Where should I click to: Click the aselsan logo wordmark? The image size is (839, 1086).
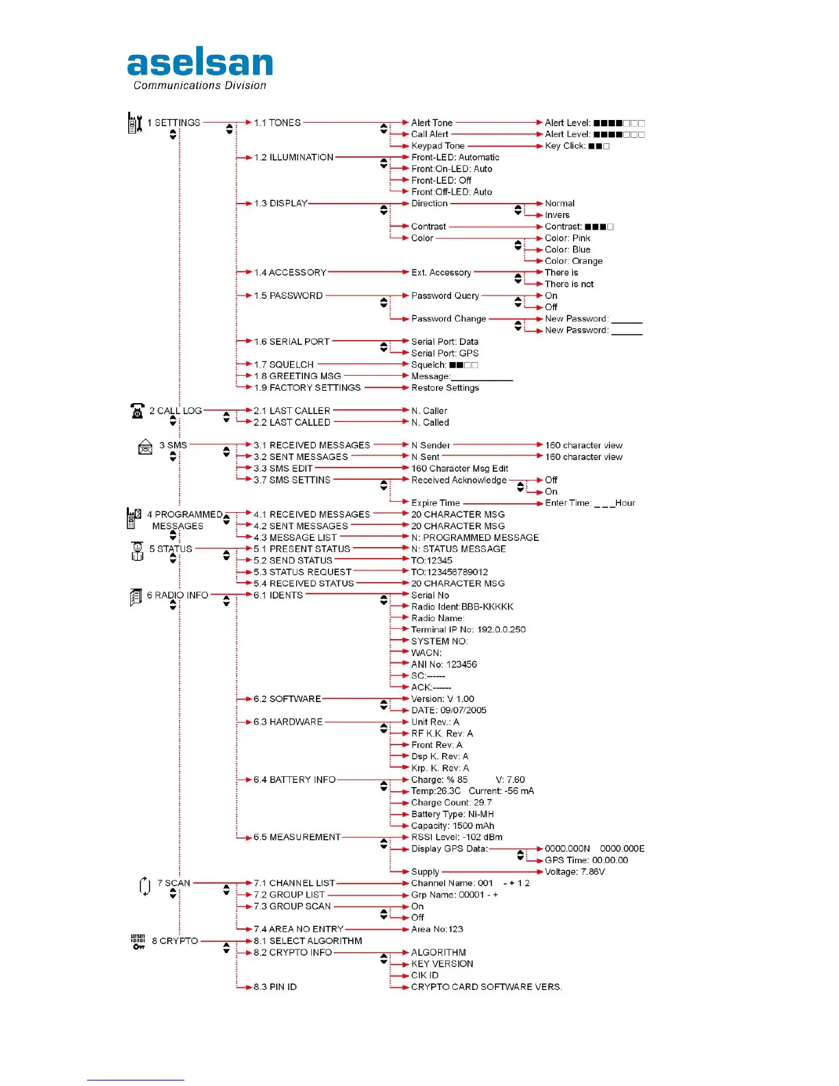(200, 61)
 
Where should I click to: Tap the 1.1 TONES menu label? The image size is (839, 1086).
(277, 123)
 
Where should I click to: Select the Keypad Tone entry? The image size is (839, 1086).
(438, 145)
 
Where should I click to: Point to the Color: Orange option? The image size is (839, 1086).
(574, 261)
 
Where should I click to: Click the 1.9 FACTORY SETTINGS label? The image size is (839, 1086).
(307, 387)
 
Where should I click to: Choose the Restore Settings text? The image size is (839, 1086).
(445, 387)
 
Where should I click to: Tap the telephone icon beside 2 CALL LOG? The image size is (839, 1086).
(137, 411)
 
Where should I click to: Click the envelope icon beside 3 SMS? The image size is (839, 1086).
(145, 446)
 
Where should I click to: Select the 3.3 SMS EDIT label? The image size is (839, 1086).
(283, 468)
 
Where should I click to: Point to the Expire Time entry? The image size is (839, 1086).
(435, 503)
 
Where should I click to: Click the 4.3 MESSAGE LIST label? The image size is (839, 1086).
(295, 538)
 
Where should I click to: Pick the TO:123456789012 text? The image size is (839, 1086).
(449, 572)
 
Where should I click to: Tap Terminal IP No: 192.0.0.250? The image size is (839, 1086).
(468, 629)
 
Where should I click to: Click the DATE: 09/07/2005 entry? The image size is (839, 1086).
(448, 710)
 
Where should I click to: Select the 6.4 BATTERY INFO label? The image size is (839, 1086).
(294, 780)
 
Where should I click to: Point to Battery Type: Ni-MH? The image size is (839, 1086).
(452, 814)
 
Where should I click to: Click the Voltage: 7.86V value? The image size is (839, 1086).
(574, 871)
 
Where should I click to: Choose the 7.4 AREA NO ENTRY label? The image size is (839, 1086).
(298, 929)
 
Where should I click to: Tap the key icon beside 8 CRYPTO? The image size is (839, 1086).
(138, 941)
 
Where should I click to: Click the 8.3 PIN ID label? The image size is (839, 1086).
(275, 987)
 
